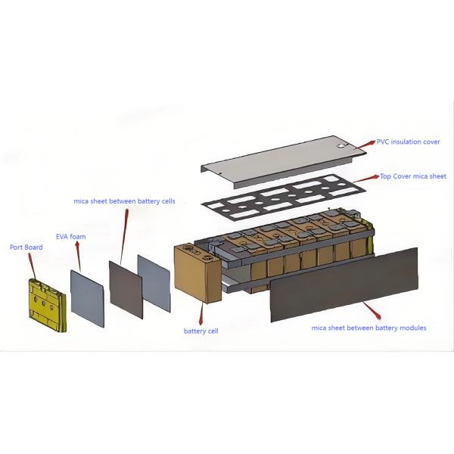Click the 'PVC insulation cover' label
(408, 142)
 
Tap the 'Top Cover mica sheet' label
(413, 176)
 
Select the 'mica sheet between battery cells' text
(125, 201)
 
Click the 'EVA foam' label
(71, 237)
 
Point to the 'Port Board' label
(26, 247)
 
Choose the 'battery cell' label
(201, 331)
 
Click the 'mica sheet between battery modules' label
(369, 328)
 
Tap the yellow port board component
(48, 306)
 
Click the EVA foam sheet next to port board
(87, 299)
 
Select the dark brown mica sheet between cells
(126, 290)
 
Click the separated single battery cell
(197, 274)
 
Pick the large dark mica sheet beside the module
(344, 285)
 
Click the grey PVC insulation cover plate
(284, 162)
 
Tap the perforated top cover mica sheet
(283, 197)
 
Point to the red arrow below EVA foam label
(78, 257)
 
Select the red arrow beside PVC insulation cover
(365, 145)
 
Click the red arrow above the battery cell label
(201, 313)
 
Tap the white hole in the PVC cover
(342, 146)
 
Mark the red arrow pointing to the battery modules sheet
(372, 310)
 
